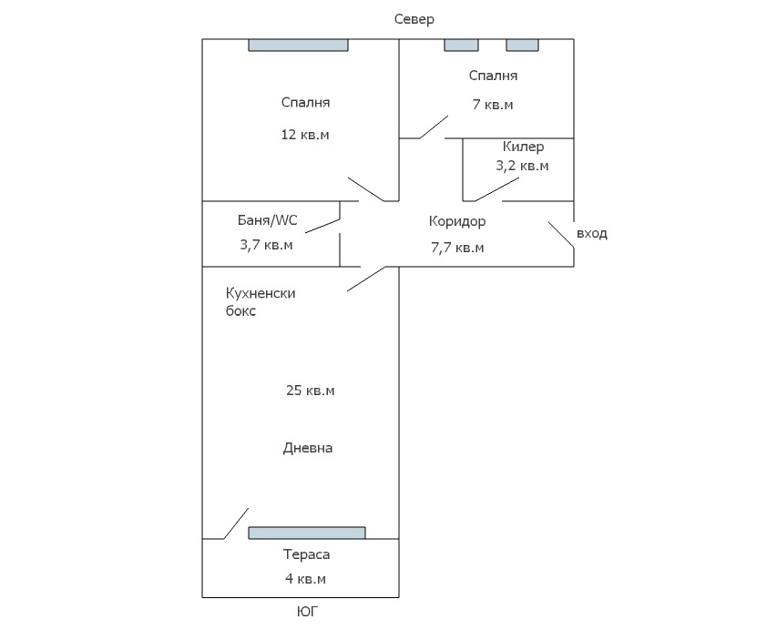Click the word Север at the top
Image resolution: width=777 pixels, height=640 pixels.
414,19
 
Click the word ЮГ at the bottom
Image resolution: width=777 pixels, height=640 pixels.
308,613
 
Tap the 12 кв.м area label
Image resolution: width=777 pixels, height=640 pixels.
305,135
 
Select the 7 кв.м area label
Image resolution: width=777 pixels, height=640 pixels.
493,105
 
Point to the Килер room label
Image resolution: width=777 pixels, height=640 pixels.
523,147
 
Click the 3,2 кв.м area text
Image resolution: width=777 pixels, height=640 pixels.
522,166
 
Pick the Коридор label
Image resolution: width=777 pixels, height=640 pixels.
457,221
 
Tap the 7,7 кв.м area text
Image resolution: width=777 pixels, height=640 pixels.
457,247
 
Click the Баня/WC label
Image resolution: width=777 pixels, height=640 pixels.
267,220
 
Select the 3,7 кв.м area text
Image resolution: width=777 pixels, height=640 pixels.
266,244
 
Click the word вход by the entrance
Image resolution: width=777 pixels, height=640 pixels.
592,234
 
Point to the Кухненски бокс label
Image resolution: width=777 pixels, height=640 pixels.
261,301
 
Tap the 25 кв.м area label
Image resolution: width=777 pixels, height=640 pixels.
311,391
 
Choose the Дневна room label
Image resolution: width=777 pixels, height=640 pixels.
308,448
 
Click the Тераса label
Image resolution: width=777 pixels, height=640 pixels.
306,554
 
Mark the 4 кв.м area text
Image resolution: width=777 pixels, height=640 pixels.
304,579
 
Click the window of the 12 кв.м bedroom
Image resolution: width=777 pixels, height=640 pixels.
299,45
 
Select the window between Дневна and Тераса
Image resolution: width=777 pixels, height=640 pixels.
307,533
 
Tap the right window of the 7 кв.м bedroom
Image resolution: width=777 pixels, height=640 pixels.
522,45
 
